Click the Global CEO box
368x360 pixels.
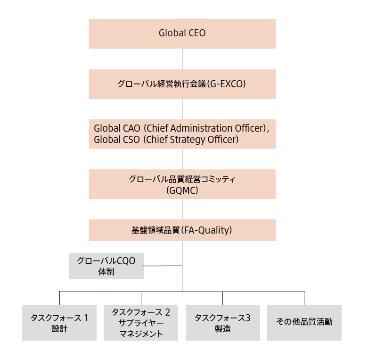(182, 33)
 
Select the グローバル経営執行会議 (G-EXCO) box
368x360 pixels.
(182, 84)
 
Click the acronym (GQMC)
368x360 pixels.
(182, 191)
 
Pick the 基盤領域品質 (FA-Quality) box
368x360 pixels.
(182, 230)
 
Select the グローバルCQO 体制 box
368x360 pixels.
(106, 266)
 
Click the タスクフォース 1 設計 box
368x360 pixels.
(59, 323)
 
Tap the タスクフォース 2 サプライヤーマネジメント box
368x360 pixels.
(141, 323)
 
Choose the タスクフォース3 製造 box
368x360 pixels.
(222, 323)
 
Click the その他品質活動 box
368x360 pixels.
(304, 322)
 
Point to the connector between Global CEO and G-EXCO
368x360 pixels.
(182, 59)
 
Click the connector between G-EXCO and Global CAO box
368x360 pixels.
(182, 109)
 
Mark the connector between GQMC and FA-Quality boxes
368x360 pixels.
(182, 209)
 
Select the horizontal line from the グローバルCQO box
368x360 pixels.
(163, 266)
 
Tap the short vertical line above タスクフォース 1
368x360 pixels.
(59, 298)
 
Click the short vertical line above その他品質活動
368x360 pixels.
(304, 298)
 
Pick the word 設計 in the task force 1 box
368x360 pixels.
(59, 329)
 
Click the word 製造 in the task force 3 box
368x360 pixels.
(222, 329)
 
